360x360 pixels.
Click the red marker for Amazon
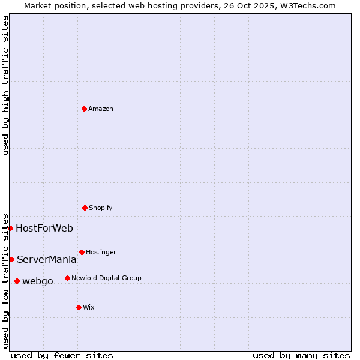[84, 109]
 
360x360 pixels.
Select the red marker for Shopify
[85, 208]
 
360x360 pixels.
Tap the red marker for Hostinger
[82, 252]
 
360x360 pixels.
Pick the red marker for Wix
[79, 307]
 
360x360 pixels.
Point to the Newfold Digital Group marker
[67, 278]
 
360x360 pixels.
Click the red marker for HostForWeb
[10, 228]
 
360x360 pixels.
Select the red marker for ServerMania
[11, 259]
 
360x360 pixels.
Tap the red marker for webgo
[17, 281]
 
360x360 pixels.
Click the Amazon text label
[101, 109]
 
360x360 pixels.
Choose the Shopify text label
[101, 208]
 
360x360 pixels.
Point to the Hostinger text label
[101, 253]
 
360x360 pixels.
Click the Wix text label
[89, 308]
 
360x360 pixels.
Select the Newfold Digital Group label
[106, 278]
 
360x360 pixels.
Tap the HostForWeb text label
[44, 229]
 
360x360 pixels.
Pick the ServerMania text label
[46, 260]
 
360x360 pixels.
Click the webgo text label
[38, 281]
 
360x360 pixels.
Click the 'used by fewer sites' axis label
[62, 355]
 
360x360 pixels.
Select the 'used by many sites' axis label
[301, 355]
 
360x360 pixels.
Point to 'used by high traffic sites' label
[5, 85]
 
